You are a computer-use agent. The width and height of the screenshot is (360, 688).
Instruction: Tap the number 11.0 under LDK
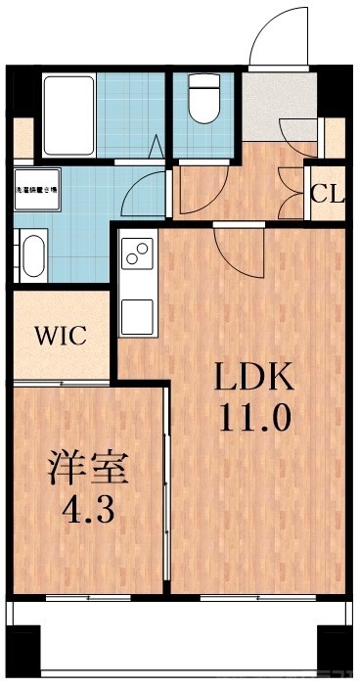[254, 419]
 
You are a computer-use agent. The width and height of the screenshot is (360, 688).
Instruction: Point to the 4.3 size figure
[89, 512]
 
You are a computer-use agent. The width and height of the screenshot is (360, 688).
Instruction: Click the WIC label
[61, 336]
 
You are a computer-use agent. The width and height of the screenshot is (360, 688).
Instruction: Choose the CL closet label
[328, 193]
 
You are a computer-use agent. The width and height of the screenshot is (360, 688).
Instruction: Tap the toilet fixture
[203, 102]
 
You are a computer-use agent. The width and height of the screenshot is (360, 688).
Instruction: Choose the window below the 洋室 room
[87, 596]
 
